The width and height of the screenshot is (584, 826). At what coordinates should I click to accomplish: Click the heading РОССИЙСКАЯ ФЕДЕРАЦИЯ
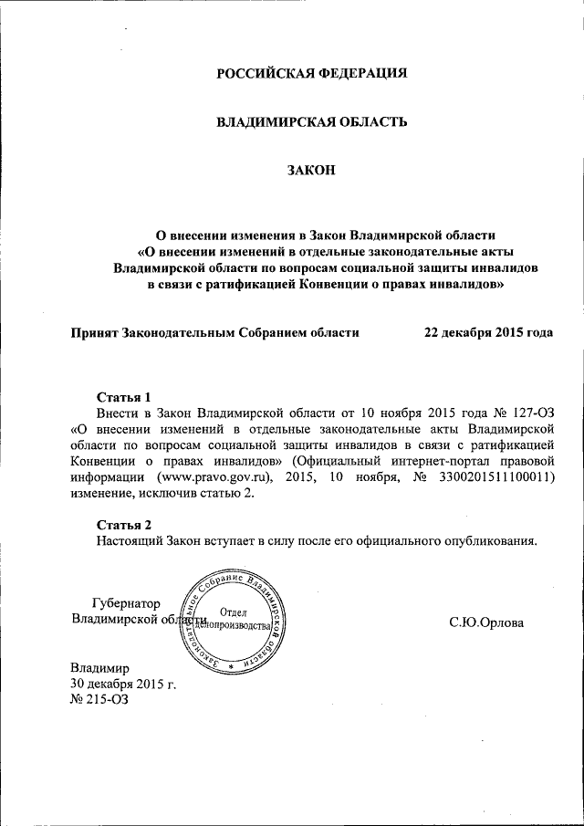(311, 73)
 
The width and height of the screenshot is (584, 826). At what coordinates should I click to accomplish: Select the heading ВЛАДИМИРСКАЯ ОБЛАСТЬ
(311, 121)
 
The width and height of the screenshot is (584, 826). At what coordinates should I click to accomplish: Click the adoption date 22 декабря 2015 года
(488, 333)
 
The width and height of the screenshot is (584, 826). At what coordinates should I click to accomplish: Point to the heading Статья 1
(123, 397)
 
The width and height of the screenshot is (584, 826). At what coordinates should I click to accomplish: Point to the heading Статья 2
(123, 524)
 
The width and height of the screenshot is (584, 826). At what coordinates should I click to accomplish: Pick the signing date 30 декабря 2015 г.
(123, 684)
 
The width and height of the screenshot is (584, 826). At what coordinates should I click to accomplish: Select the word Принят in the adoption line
(95, 333)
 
